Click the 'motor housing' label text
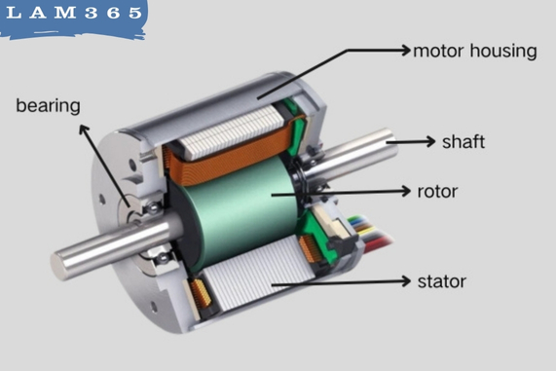click(x=474, y=51)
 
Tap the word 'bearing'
click(x=48, y=104)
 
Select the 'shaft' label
click(x=463, y=142)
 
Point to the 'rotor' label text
click(x=437, y=190)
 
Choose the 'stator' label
click(x=441, y=282)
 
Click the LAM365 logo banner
click(x=73, y=18)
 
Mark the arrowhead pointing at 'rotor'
click(x=407, y=190)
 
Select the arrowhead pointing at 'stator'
click(x=405, y=282)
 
